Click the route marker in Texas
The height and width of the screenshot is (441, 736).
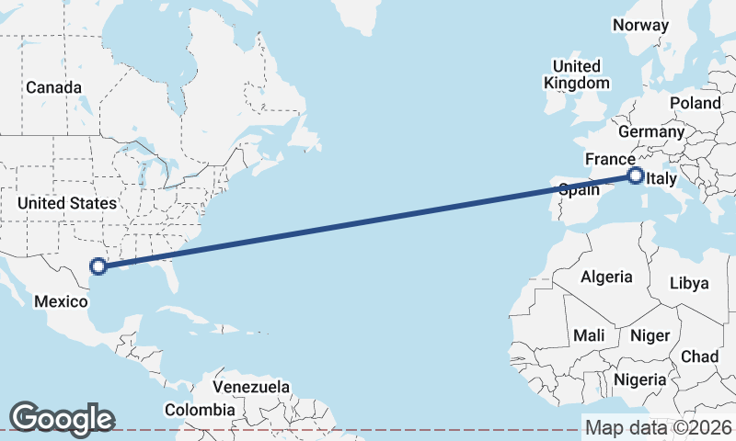98,267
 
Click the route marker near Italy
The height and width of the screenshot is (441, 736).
635,175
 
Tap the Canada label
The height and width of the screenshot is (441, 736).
53,87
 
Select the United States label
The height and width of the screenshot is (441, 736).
67,203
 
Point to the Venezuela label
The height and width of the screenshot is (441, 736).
251,387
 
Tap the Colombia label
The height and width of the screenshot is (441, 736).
199,410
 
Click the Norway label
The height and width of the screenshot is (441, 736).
640,25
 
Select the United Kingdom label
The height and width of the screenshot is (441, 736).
576,74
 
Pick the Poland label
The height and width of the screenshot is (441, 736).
696,103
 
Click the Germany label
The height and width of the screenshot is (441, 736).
658,131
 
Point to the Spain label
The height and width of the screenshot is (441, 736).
580,190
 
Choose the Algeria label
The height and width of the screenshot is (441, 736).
606,277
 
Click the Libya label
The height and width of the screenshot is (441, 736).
689,282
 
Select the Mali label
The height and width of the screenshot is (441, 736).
589,336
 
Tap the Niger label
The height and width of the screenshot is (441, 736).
650,336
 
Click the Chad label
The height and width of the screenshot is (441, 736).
699,356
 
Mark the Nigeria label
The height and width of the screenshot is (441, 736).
641,379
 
